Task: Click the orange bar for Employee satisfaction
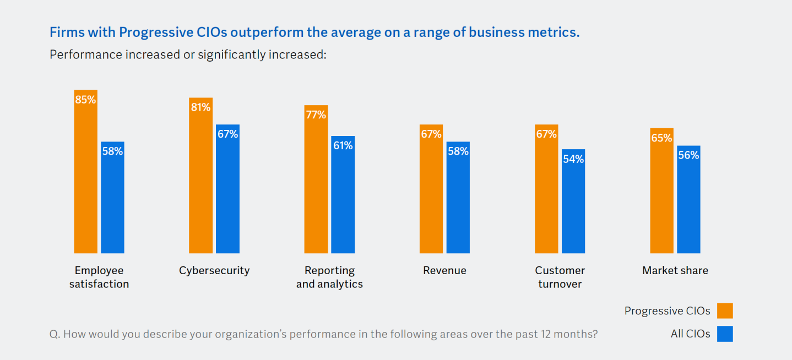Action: point(86,176)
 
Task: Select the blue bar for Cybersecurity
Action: point(227,193)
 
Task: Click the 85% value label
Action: point(86,100)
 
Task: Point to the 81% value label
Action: point(200,107)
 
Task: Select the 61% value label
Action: point(343,146)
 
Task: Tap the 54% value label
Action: point(573,159)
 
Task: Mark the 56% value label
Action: point(688,155)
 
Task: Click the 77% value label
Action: point(316,115)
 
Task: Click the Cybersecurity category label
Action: point(214,270)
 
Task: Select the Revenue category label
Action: point(444,270)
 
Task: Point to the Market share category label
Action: point(675,270)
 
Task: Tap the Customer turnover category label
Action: point(560,277)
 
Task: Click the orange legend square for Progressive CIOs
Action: point(725,311)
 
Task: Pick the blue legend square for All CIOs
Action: point(725,334)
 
